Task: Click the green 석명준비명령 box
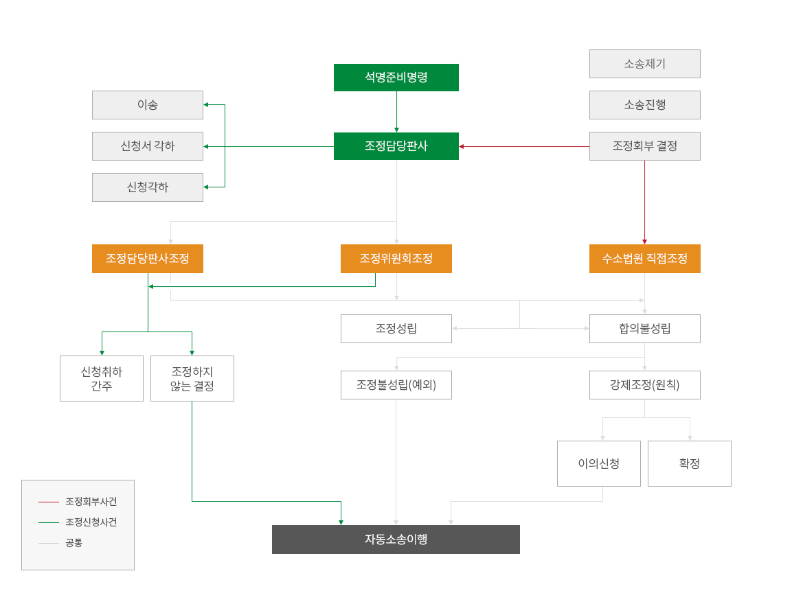point(396,78)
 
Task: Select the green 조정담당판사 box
point(396,146)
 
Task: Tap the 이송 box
point(148,105)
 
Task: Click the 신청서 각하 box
point(148,146)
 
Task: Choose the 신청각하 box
point(148,187)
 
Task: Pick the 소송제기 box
point(644,64)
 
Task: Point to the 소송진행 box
point(644,105)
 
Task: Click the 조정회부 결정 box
point(644,146)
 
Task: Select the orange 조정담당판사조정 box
point(148,259)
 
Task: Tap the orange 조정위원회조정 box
point(396,259)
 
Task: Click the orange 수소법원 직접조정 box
point(644,259)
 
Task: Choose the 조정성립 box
point(396,329)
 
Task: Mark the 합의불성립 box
point(644,329)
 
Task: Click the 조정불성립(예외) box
point(396,385)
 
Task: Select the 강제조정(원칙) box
point(644,385)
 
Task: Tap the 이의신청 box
point(598,463)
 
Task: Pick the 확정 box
point(689,463)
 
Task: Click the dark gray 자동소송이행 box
point(396,539)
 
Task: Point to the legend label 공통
point(74,543)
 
